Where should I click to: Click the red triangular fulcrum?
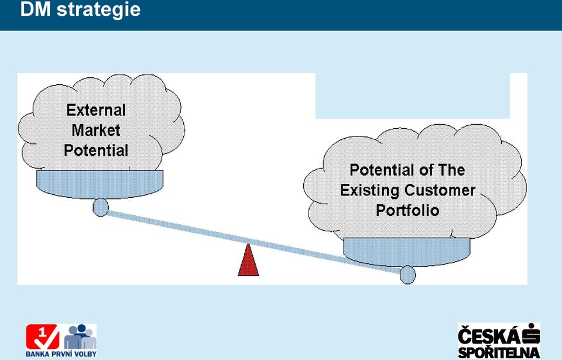coord(248,260)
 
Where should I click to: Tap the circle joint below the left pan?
coord(101,207)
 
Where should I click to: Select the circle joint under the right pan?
coord(407,275)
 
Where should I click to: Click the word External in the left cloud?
coord(96,110)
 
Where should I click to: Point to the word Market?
coord(96,130)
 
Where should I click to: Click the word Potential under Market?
coord(96,150)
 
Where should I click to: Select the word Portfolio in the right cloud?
coord(407,210)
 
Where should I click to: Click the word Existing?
coord(370,190)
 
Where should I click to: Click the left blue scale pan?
coord(100,184)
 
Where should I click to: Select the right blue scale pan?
coord(407,252)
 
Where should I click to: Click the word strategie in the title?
coord(98,9)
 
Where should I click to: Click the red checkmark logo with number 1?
coord(42,337)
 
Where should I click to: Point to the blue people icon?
coord(80,337)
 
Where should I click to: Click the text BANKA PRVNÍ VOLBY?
coord(61,354)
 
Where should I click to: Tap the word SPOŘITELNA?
coord(499,352)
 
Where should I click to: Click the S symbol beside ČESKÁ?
coord(531,334)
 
